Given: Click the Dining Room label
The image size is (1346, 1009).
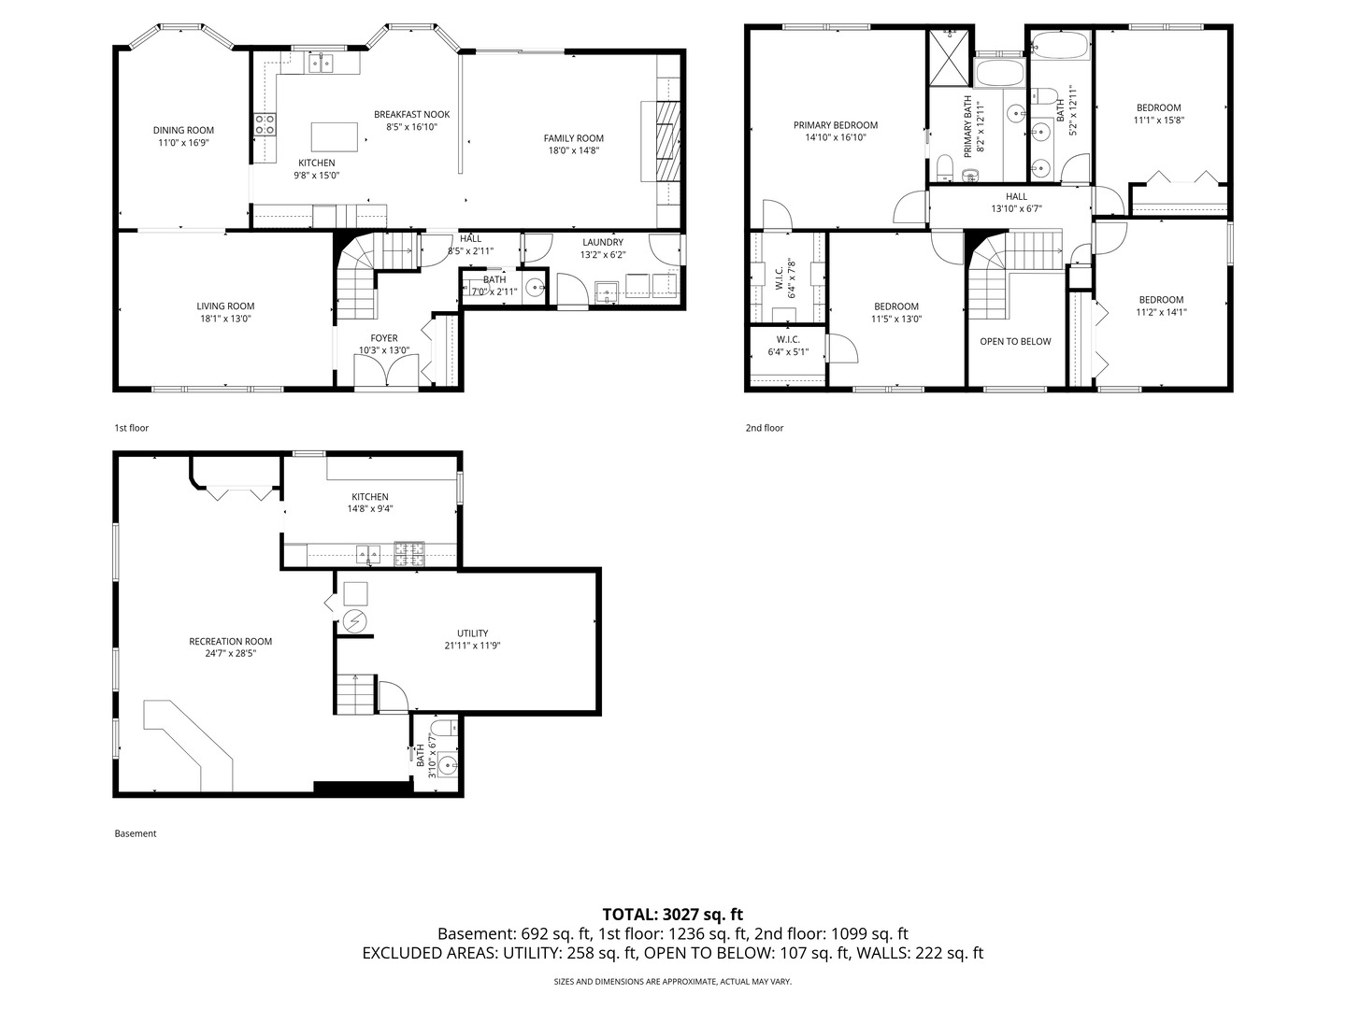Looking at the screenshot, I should (183, 131).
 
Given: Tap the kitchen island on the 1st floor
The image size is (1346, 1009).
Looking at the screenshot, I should (335, 136).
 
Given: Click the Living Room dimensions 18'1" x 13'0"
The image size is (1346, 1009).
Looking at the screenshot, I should (224, 319).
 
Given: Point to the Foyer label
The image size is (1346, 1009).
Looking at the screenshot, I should (383, 338).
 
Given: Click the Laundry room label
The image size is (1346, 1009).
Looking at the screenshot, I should (602, 242).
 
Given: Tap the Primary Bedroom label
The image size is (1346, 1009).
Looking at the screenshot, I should (835, 125).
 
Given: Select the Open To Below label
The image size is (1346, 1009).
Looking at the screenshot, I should (1015, 341).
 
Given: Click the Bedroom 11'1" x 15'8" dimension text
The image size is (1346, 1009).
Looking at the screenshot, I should (1158, 121).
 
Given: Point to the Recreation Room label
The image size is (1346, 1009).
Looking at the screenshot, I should (230, 641).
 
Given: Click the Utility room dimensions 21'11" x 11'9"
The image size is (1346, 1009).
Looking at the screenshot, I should (472, 646).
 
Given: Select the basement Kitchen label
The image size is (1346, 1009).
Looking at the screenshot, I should (369, 497).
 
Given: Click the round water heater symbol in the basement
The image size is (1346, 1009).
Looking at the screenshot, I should (355, 621).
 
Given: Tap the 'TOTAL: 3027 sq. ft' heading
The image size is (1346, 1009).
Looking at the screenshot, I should (672, 915).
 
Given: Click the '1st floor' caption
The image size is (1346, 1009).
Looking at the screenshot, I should (132, 428).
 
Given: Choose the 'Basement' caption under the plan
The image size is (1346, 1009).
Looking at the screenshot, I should (136, 833).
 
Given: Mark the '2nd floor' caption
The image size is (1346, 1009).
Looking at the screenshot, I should (764, 428).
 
